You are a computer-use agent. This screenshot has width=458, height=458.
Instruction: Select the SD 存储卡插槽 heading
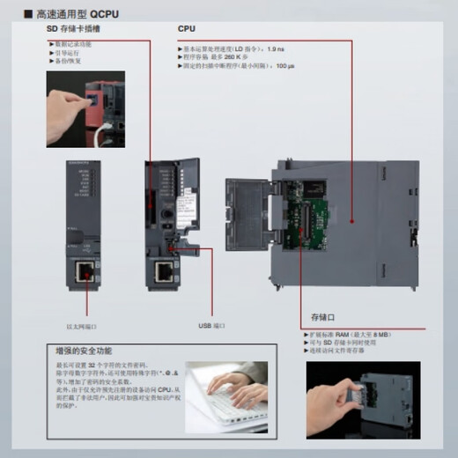(76, 29)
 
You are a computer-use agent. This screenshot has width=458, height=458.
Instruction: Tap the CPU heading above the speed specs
(187, 29)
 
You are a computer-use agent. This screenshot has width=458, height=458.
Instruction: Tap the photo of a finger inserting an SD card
(84, 108)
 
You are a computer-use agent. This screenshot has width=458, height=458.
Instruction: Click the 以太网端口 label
(81, 325)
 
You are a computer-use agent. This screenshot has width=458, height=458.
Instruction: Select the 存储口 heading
(323, 316)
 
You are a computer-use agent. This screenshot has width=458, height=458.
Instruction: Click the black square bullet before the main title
(28, 14)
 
